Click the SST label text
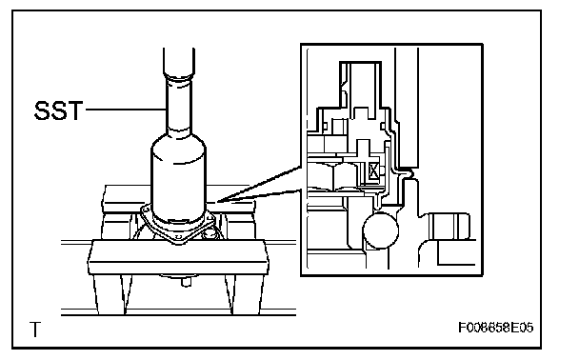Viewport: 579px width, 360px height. (58, 110)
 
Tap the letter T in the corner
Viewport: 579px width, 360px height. (35, 330)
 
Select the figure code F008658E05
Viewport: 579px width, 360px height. (495, 328)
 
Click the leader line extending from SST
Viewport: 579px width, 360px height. (126, 110)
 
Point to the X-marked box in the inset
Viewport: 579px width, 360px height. (373, 171)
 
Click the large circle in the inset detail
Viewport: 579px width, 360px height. (381, 230)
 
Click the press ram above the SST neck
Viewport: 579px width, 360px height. (179, 62)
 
